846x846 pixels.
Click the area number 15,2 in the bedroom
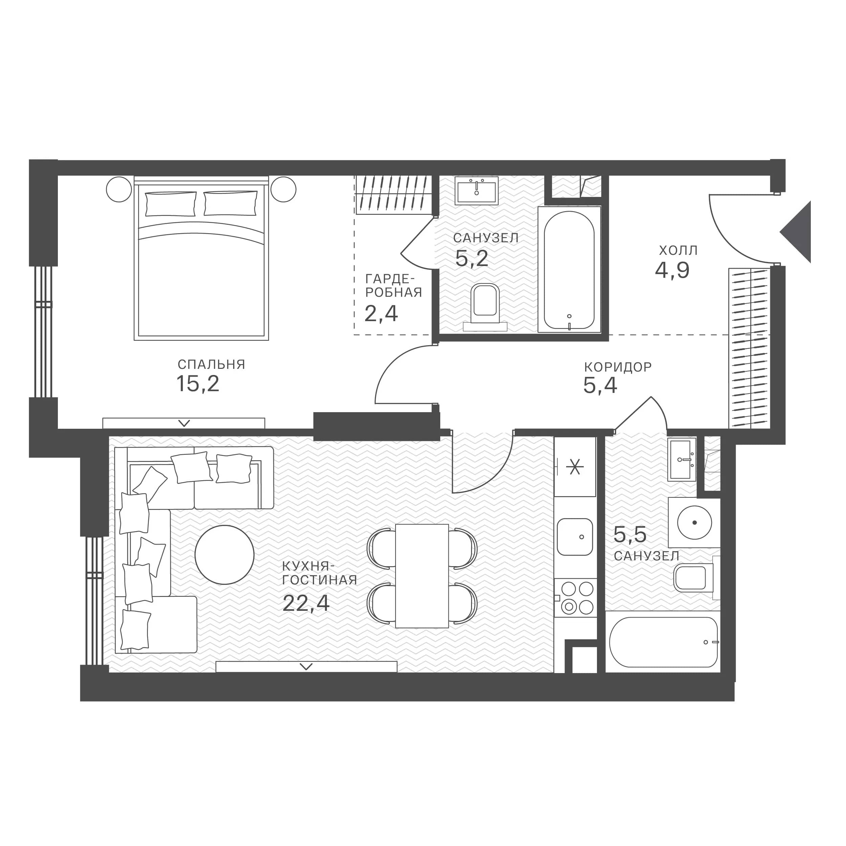click(198, 384)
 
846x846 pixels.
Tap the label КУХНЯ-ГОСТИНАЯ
click(320, 573)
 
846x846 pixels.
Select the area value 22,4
click(306, 603)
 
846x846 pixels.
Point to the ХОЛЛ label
click(678, 250)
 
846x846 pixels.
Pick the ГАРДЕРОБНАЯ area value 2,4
click(381, 314)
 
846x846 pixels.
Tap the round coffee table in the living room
click(225, 555)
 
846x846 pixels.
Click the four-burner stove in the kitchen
click(575, 598)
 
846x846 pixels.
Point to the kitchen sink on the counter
click(575, 537)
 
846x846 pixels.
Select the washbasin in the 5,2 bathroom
click(476, 191)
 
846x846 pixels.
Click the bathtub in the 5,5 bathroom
click(663, 642)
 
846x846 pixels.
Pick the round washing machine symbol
click(694, 522)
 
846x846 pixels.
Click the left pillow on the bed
click(170, 204)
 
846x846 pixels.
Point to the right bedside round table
click(283, 189)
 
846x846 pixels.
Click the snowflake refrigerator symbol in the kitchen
click(575, 467)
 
